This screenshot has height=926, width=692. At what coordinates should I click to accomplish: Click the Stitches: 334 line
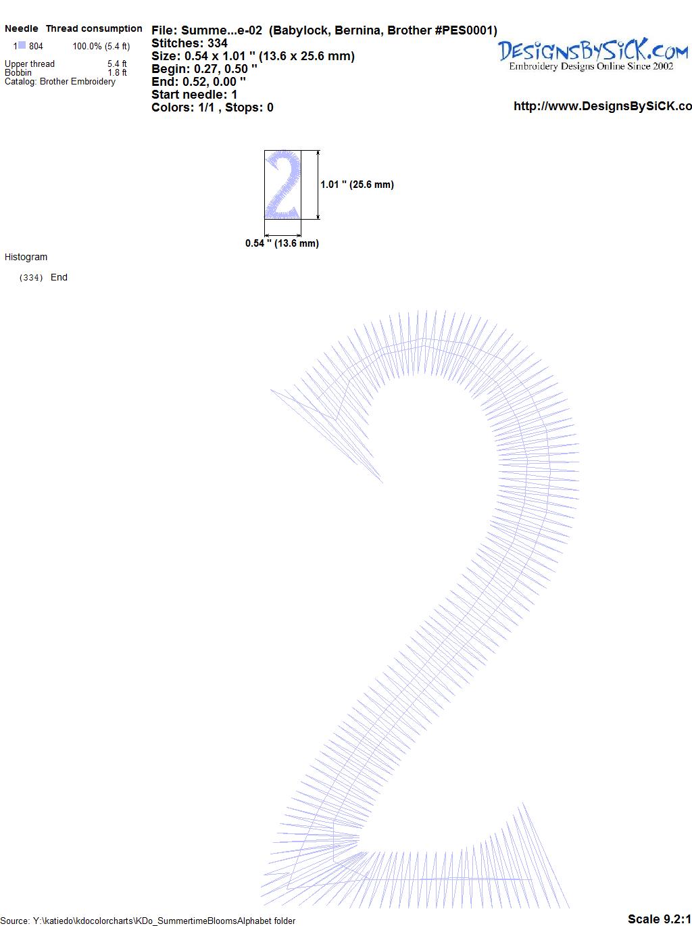click(189, 43)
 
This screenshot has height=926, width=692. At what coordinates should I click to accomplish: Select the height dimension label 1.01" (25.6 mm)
click(357, 185)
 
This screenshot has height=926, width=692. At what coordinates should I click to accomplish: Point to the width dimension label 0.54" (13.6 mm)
click(282, 243)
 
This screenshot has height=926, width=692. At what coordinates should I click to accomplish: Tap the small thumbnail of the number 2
click(282, 185)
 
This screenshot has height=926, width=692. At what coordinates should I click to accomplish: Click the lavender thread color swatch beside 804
click(22, 45)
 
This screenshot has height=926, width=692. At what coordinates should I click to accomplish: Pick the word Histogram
click(26, 257)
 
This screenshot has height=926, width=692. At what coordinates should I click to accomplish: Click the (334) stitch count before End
click(31, 278)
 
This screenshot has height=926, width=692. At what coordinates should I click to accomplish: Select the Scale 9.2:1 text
click(659, 919)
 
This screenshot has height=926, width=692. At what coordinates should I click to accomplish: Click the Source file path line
click(147, 921)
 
